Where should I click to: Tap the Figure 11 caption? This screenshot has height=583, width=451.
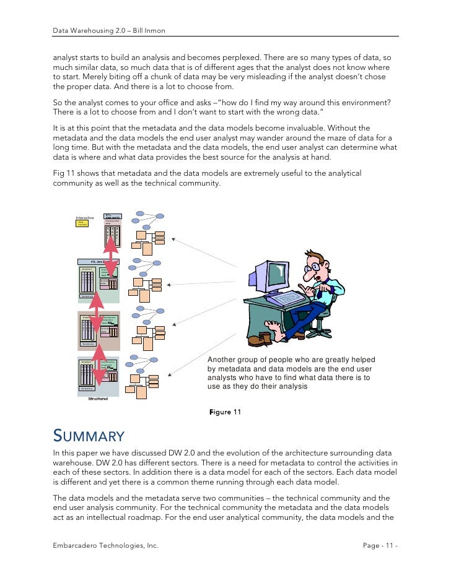tap(225, 412)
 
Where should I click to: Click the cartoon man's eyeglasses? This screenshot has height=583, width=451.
tap(317, 267)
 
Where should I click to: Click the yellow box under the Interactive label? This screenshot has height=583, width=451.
tap(81, 223)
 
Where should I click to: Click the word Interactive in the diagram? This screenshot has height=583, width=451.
tap(84, 218)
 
